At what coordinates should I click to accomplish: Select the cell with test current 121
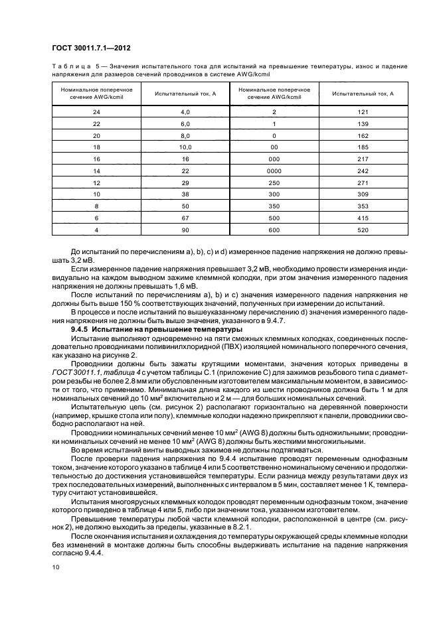coord(363,111)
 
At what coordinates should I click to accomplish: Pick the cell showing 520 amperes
coord(363,230)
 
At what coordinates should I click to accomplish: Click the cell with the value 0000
coord(274,170)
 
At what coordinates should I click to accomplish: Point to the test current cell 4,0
coord(185,111)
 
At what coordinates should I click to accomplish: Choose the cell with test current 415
coord(363,218)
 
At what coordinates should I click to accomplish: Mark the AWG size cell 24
coord(97,111)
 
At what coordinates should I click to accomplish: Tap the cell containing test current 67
coord(185,218)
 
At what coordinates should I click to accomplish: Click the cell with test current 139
coord(363,123)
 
